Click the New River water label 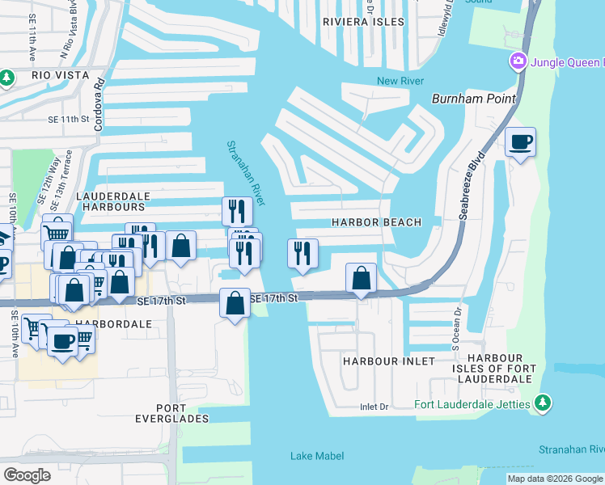click(x=400, y=81)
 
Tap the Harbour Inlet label click(x=388, y=361)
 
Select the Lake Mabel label click(x=317, y=456)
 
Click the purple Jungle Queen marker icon click(x=518, y=61)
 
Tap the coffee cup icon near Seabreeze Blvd click(x=520, y=142)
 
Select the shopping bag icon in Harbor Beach click(x=361, y=278)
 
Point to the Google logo click(x=27, y=475)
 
